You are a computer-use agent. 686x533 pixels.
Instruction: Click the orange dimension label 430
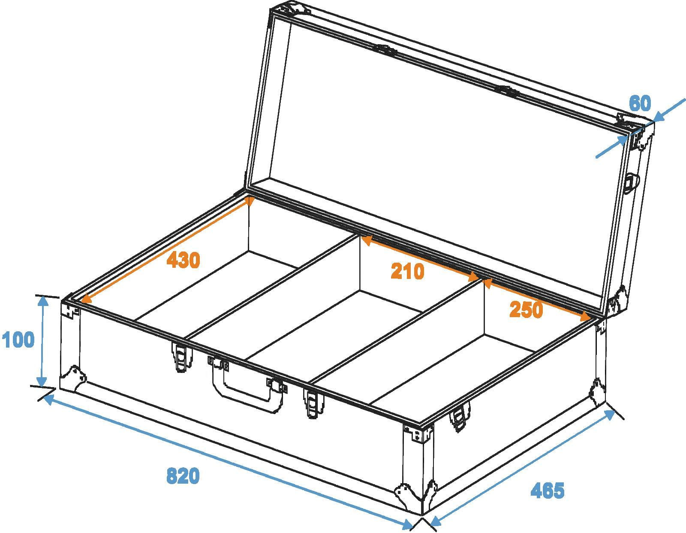tap(184, 260)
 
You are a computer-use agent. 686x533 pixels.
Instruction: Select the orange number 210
tap(408, 271)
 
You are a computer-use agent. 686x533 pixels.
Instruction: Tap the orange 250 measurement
tap(526, 309)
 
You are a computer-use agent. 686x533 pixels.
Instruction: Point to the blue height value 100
tap(18, 339)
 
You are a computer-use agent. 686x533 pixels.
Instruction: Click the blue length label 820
tap(183, 476)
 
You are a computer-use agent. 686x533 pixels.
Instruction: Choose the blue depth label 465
tap(548, 491)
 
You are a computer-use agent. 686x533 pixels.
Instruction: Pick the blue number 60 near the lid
tap(640, 103)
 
